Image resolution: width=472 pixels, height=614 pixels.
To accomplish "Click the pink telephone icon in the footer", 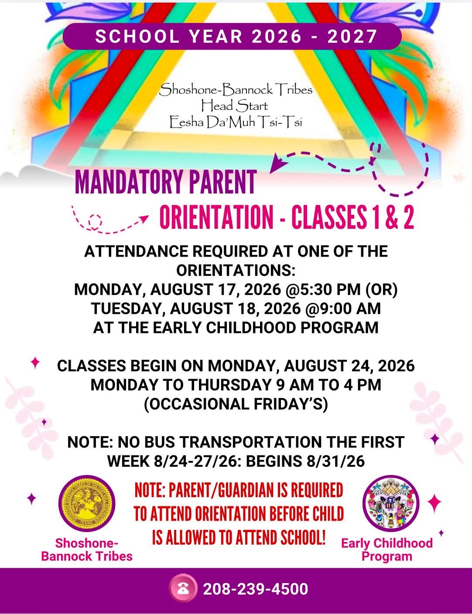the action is coord(183,588).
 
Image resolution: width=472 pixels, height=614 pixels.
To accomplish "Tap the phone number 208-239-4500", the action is coord(255,589).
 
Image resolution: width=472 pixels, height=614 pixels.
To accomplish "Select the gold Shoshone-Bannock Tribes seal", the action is coord(87,503).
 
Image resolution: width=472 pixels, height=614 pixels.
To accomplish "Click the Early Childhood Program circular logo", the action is coord(391,503).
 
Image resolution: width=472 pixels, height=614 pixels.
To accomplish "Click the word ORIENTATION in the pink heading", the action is coord(216,217).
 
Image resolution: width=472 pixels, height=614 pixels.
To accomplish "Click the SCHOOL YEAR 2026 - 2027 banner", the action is coord(232,37).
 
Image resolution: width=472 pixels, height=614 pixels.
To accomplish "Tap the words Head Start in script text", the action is coord(234,106).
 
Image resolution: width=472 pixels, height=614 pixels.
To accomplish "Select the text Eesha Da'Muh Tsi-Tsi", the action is coord(236,122).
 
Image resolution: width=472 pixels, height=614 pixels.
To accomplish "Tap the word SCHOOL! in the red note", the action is coord(303,537).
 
